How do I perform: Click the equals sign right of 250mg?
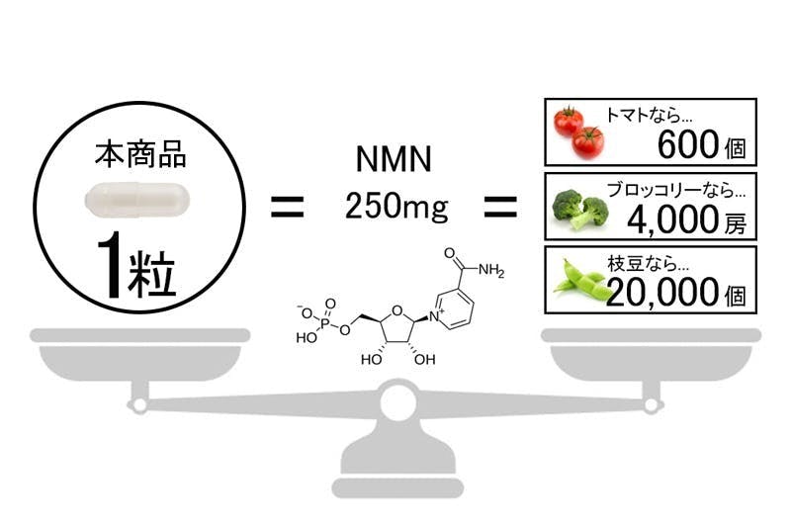pyautogui.click(x=499, y=209)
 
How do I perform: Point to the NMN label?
pyautogui.click(x=395, y=159)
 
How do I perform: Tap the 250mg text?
pyautogui.click(x=395, y=209)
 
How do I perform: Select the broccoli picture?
pyautogui.click(x=580, y=207)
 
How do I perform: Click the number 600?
pyautogui.click(x=689, y=147)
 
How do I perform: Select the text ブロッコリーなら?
pyautogui.click(x=671, y=188)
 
